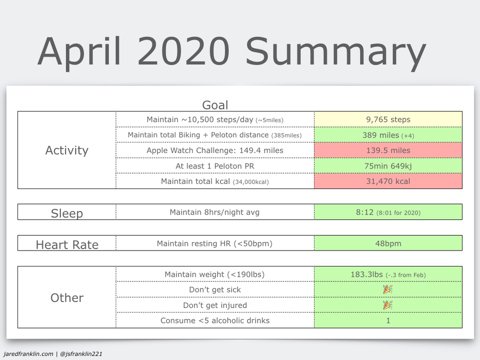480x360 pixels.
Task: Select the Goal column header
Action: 215,105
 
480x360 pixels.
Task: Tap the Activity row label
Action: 66,150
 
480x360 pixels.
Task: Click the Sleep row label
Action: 66,213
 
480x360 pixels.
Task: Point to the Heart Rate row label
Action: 67,244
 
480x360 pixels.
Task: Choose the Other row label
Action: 66,297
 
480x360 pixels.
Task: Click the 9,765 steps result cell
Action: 388,119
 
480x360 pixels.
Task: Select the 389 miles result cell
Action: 388,135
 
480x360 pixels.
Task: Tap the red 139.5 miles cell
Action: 388,150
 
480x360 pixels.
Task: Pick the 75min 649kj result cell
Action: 388,166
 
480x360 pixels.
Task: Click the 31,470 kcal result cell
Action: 388,181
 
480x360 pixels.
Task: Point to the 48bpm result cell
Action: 388,243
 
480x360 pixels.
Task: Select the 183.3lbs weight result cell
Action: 388,274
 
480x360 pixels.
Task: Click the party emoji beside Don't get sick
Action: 388,289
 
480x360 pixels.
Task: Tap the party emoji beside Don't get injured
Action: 388,305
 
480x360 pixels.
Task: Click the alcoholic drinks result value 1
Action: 388,320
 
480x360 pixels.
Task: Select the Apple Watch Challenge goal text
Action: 215,150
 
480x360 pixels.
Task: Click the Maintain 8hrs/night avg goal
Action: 214,212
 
